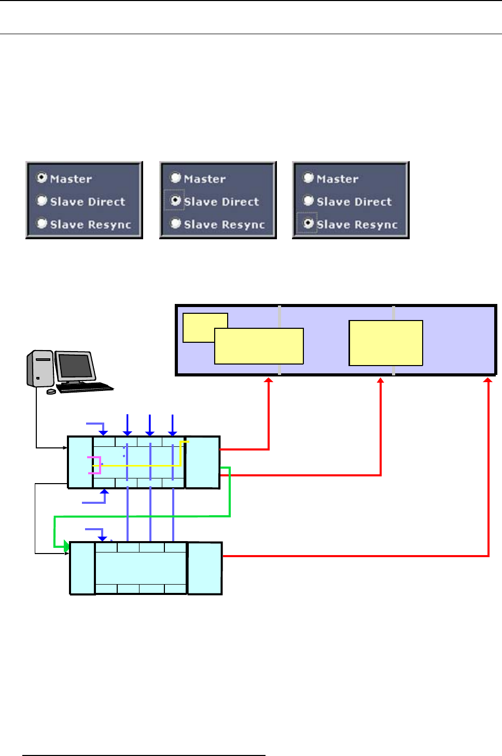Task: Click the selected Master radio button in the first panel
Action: click(42, 178)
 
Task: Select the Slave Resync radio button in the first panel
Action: click(42, 223)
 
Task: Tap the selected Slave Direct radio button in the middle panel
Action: click(176, 200)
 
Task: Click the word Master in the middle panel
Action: click(205, 179)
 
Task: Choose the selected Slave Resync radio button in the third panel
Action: click(309, 223)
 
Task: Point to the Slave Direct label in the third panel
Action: click(354, 201)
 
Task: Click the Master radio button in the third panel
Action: click(309, 178)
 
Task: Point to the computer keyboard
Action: click(85, 387)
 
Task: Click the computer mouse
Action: click(51, 391)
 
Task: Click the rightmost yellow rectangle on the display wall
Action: click(386, 343)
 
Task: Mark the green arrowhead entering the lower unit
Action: click(66, 546)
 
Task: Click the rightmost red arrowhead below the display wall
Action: click(487, 381)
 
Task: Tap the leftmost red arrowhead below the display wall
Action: click(269, 381)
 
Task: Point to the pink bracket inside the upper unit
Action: click(96, 466)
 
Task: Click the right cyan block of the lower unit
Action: click(205, 568)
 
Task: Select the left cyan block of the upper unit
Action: click(80, 462)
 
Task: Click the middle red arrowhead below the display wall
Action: click(381, 381)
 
